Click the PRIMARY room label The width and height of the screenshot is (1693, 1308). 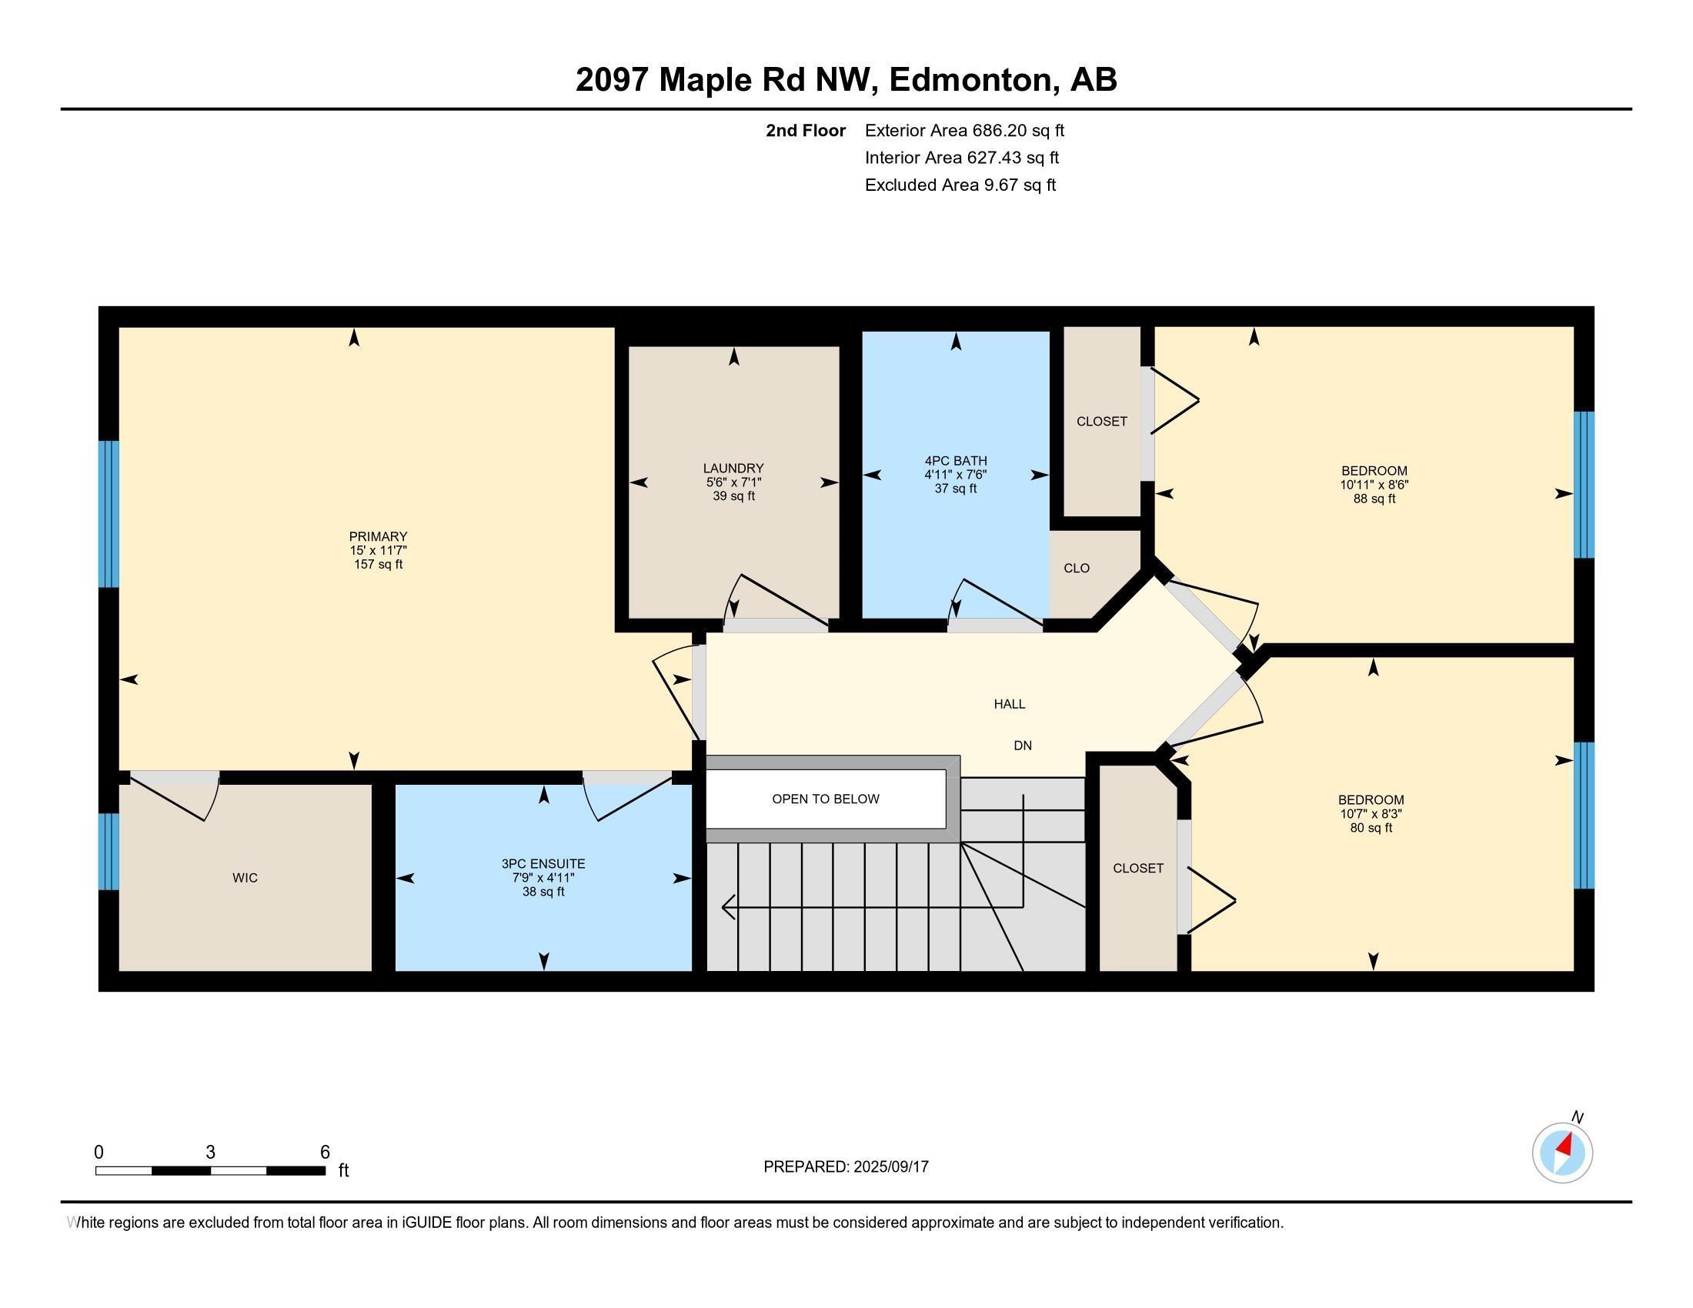[x=378, y=536]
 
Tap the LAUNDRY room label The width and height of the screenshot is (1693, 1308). [x=733, y=468]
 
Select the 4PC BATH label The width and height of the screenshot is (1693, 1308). [x=955, y=460]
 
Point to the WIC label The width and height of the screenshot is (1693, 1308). [x=245, y=877]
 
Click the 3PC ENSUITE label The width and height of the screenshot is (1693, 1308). [x=543, y=863]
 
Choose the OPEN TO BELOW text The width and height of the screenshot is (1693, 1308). [x=826, y=799]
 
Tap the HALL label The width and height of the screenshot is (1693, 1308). [x=1010, y=703]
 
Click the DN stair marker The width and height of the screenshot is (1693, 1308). [x=1023, y=746]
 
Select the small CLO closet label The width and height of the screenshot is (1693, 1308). [x=1076, y=568]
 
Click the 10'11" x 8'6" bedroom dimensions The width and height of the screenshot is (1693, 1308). [x=1374, y=485]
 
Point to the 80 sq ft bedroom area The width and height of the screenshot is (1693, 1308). [x=1371, y=828]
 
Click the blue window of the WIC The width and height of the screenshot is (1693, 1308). [x=109, y=851]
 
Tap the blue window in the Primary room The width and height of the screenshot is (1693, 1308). [x=109, y=514]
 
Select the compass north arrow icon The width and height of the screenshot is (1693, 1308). [x=1562, y=1153]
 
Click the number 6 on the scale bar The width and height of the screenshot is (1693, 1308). [x=325, y=1153]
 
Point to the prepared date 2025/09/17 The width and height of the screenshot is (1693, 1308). [x=890, y=1167]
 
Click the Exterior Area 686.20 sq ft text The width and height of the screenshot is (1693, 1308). [x=964, y=130]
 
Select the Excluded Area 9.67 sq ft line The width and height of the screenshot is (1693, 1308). [x=960, y=185]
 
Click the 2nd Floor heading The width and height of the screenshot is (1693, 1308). [x=806, y=130]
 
